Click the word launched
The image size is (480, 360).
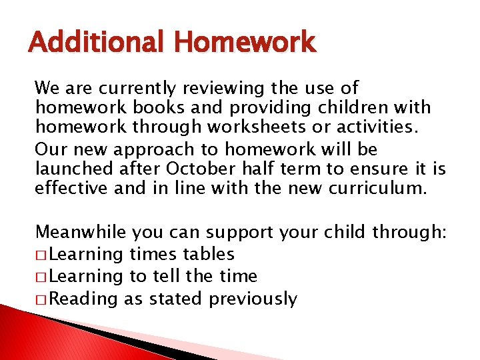point(73,169)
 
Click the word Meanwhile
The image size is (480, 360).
point(81,232)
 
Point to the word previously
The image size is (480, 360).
point(253,299)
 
